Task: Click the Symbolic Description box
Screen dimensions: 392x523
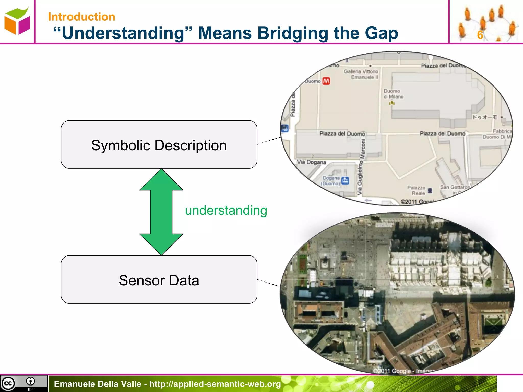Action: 159,144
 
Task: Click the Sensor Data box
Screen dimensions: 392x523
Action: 159,279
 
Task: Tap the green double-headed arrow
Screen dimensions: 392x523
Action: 161,212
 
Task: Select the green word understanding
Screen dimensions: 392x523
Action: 226,211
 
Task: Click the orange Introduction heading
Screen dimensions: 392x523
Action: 82,17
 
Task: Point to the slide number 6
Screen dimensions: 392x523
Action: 480,35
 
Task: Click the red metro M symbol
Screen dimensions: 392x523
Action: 326,81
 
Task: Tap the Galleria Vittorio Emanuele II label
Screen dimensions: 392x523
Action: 361,74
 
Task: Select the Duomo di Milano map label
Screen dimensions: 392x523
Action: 393,94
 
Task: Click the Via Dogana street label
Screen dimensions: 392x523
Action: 312,162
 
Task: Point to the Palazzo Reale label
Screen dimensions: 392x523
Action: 417,190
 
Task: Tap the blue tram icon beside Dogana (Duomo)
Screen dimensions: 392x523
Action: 345,181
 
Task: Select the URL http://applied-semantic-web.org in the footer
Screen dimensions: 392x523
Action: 215,384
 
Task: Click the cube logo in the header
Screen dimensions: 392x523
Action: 17,21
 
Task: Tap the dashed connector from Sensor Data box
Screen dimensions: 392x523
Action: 268,283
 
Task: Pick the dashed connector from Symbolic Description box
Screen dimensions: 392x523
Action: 269,141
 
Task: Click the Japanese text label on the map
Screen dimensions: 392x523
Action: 485,117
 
